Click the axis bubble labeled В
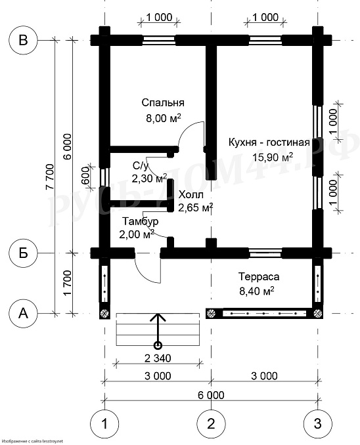click(23, 41)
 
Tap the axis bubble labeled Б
click(23, 253)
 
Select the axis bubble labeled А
click(23, 314)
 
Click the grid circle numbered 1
click(104, 424)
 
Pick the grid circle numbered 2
click(211, 424)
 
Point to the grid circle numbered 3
click(318, 424)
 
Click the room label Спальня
click(163, 102)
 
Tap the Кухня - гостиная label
click(269, 142)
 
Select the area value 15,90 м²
click(273, 157)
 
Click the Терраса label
click(259, 276)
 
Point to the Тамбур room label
click(141, 221)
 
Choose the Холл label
click(191, 195)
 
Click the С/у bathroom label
click(141, 166)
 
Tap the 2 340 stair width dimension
click(158, 358)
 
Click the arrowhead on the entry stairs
click(158, 317)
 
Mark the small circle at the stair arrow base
click(158, 345)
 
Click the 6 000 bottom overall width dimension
click(211, 395)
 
